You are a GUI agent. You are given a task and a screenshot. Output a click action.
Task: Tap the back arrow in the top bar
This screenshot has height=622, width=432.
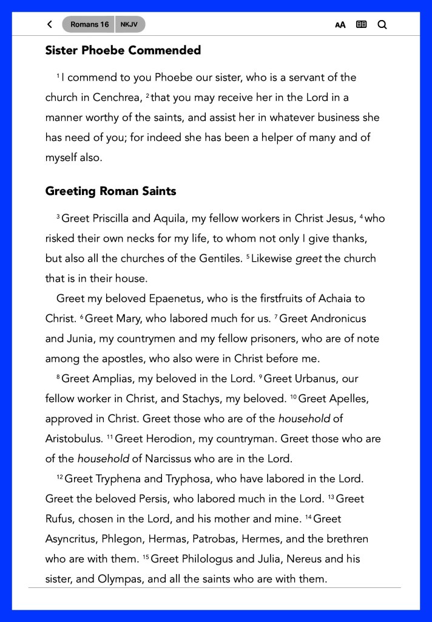(50, 25)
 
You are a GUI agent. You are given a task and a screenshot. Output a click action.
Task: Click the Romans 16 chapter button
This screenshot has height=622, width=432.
(89, 25)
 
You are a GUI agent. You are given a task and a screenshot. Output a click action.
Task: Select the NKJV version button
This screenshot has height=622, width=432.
(129, 25)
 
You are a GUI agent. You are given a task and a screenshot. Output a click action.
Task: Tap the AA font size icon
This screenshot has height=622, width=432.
(340, 25)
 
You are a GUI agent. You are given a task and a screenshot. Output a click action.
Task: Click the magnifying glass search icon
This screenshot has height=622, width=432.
(382, 25)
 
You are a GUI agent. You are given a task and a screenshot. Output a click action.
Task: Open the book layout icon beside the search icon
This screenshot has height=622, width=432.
(362, 25)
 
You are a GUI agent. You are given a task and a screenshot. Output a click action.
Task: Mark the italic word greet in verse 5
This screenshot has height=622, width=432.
(308, 258)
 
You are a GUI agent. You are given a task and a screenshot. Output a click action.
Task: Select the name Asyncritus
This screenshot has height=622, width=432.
(72, 539)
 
